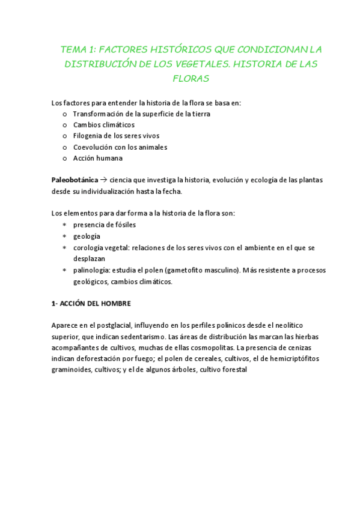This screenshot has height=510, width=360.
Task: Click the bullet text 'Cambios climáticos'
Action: [x=104, y=124]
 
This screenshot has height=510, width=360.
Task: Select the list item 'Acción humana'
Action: [x=97, y=158]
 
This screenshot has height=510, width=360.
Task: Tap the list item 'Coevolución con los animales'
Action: [x=120, y=147]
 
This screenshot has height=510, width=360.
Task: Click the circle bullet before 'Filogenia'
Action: [x=64, y=136]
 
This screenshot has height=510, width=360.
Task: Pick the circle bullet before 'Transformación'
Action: [x=64, y=114]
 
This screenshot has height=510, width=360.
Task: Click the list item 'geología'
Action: [x=87, y=236]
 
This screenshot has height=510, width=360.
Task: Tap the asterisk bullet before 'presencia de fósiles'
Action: [x=64, y=225]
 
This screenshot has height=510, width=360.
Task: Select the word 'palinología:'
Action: [x=90, y=270]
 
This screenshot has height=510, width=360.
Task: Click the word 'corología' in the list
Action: [x=88, y=247]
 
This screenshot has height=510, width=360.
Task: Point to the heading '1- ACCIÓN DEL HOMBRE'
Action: [x=91, y=303]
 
